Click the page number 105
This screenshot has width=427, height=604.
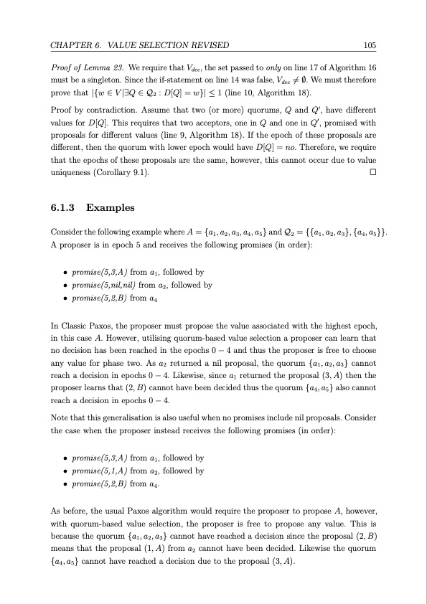(x=370, y=47)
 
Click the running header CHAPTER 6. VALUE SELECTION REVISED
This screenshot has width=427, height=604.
(x=139, y=47)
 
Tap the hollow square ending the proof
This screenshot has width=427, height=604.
(x=372, y=173)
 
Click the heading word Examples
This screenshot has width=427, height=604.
(x=109, y=209)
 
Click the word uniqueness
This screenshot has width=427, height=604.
(x=68, y=173)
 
